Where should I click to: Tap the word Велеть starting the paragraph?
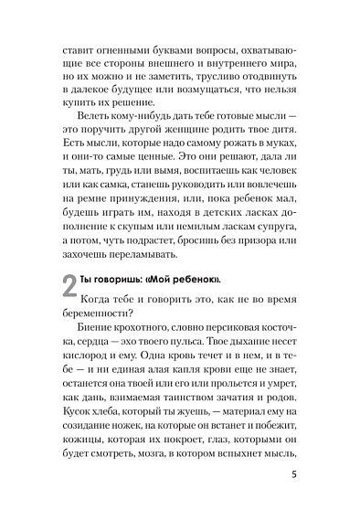click(97, 143)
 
